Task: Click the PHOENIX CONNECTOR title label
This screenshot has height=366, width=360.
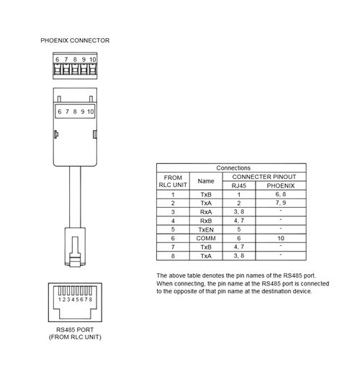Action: coord(75,40)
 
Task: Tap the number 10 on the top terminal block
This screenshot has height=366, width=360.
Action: coord(93,60)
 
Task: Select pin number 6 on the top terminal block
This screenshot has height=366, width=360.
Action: coord(57,60)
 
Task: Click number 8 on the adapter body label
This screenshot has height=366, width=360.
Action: coord(75,111)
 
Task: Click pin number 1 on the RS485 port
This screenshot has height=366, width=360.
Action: coord(60,299)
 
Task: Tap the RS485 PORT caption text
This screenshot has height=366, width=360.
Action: coord(75,329)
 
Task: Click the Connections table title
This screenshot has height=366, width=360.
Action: coord(233,168)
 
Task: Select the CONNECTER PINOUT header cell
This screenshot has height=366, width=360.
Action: coord(264,177)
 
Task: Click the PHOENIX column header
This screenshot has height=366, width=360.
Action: coord(281,186)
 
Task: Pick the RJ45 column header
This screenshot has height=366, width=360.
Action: coord(239,186)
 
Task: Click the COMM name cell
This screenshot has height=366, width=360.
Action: coord(206,238)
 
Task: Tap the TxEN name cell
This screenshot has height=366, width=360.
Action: coord(206,229)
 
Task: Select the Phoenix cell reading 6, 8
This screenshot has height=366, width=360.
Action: coord(281,194)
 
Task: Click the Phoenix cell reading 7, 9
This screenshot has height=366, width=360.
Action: coord(281,203)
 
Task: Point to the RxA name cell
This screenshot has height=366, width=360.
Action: coord(206,212)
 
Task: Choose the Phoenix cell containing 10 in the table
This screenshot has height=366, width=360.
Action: coord(281,238)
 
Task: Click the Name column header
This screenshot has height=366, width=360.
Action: coord(206,181)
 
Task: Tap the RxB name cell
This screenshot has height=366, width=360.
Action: coord(206,221)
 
